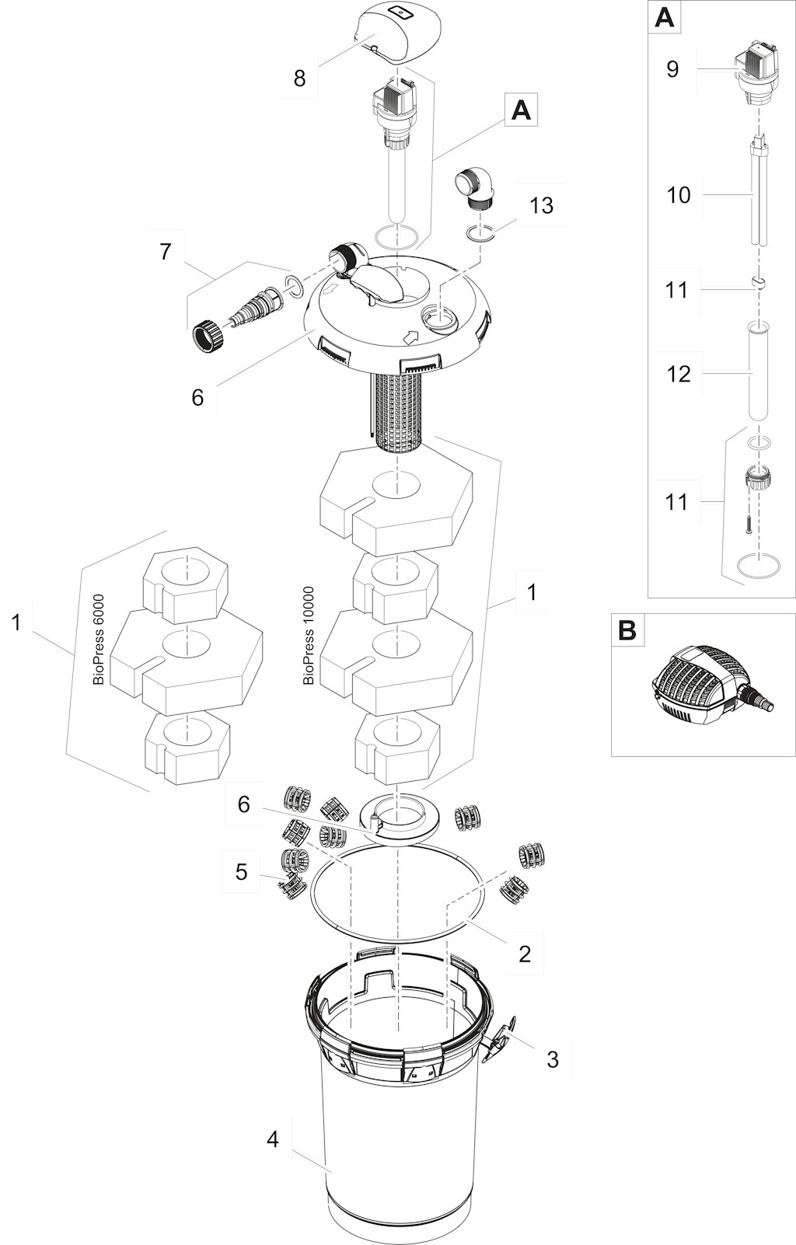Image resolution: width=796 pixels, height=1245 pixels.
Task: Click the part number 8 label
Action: pos(299,78)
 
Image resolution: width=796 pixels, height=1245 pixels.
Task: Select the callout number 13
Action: pos(541,205)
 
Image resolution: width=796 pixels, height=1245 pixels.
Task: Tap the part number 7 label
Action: pos(165,252)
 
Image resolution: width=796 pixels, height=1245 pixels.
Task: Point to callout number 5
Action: pos(242,872)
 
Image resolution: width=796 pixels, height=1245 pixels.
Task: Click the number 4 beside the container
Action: pos(272,1140)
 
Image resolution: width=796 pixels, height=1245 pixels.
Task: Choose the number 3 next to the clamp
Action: pos(553,1059)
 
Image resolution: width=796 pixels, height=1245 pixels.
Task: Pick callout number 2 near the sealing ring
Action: pos(525,954)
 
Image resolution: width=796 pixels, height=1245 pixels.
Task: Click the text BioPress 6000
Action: pos(99,639)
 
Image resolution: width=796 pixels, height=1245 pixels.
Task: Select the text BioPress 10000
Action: pos(309,635)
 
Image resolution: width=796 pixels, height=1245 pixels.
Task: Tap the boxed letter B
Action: pos(627,630)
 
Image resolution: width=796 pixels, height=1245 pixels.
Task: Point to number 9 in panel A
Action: pos(672,69)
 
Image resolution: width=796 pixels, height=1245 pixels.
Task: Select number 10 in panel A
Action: pos(679,194)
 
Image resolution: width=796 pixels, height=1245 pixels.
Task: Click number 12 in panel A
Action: pos(679,374)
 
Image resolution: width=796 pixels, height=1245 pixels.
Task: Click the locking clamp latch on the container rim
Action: pos(497,1039)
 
